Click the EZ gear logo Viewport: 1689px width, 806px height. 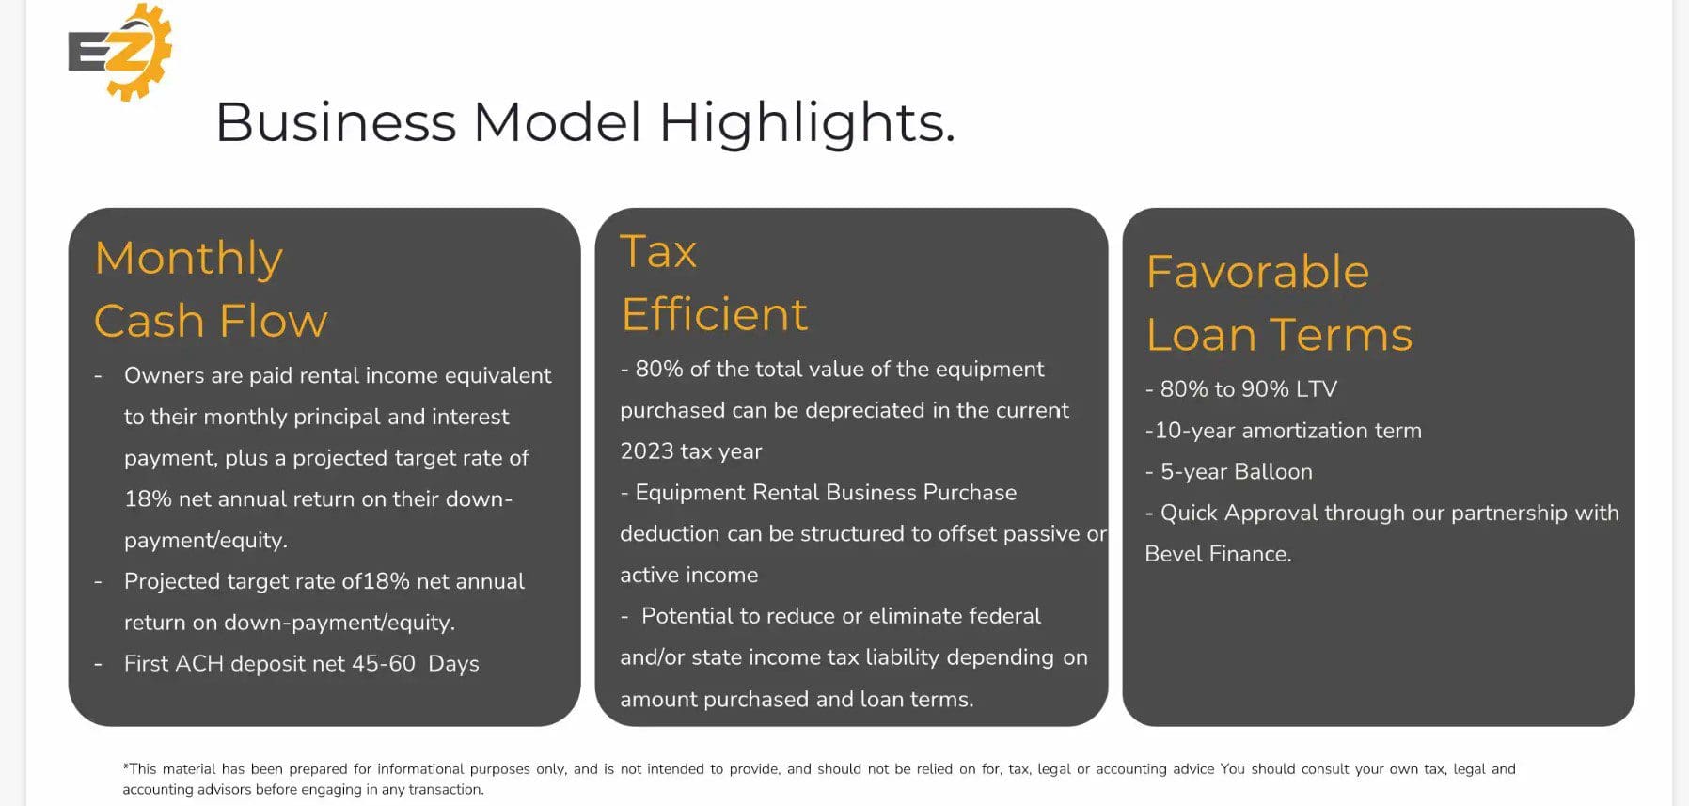tap(119, 51)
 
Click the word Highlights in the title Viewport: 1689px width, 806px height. tap(806, 123)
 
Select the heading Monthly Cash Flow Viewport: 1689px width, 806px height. tap(211, 289)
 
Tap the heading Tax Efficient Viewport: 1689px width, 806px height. tap(714, 282)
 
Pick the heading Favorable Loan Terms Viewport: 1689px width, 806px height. tap(1279, 303)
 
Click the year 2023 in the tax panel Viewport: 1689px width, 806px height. tap(647, 451)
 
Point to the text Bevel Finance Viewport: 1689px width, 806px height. tap(1218, 554)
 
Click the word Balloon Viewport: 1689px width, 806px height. tap(1274, 472)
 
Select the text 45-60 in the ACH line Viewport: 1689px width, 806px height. tap(384, 664)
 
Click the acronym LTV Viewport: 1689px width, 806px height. tap(1317, 389)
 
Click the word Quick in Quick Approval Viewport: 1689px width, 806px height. tap(1190, 514)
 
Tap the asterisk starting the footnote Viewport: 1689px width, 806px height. tap(126, 766)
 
